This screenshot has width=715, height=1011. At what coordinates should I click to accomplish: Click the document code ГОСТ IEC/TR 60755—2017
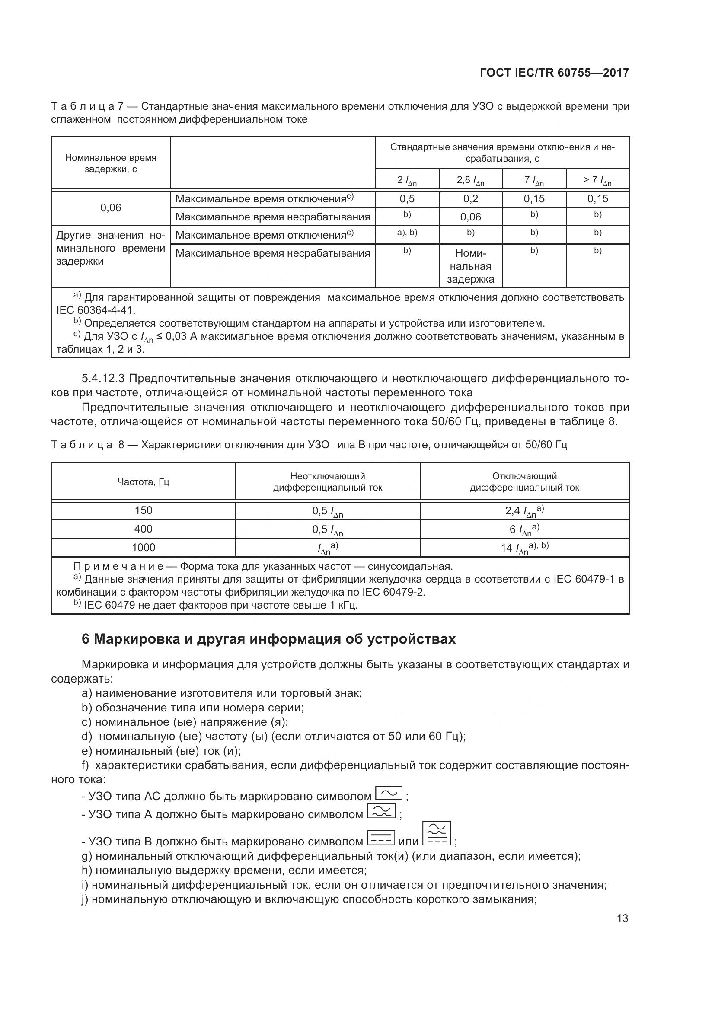[x=554, y=73]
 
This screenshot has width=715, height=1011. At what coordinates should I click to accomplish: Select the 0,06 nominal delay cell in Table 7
[x=111, y=208]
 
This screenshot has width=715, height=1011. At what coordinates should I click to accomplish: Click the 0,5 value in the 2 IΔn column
[x=407, y=199]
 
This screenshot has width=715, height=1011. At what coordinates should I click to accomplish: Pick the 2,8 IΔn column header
[x=470, y=180]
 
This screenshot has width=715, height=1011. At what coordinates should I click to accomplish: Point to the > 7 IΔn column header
[x=597, y=180]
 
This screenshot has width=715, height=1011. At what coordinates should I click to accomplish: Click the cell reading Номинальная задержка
[x=470, y=266]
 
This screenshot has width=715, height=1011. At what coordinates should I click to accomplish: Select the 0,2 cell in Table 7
[x=470, y=199]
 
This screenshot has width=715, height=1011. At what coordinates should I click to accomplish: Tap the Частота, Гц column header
[x=143, y=482]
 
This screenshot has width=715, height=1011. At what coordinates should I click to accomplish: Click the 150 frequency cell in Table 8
[x=143, y=510]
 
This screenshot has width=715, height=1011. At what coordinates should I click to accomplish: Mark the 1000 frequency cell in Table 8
[x=143, y=547]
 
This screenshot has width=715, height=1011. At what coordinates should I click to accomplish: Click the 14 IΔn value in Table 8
[x=524, y=548]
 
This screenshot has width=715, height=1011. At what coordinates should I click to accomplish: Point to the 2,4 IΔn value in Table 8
[x=524, y=511]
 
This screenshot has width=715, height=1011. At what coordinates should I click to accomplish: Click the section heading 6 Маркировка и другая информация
[x=268, y=639]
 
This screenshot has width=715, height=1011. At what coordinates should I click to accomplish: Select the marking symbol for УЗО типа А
[x=381, y=811]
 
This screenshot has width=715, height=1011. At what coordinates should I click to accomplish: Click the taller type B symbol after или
[x=436, y=833]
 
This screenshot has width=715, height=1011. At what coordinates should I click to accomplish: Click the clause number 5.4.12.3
[x=103, y=378]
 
